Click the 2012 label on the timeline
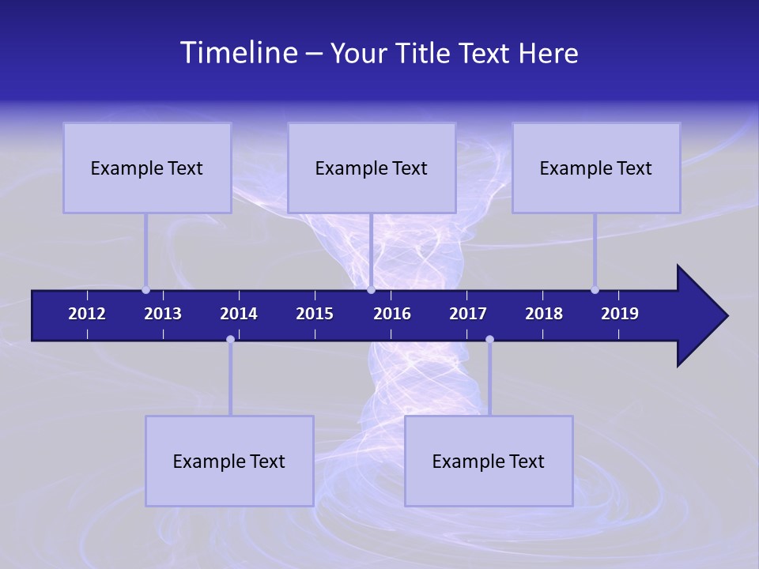click(87, 314)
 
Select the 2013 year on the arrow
click(163, 314)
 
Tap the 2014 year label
click(239, 314)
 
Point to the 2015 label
click(315, 314)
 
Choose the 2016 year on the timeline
click(392, 314)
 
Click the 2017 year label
click(468, 314)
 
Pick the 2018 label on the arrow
click(544, 314)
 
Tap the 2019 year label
click(620, 314)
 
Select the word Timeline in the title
click(238, 52)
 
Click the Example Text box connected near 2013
click(147, 168)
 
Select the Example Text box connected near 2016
click(372, 168)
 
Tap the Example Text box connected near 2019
click(596, 168)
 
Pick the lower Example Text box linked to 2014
click(229, 461)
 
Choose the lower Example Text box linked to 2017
click(489, 461)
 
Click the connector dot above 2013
click(145, 290)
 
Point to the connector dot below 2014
click(230, 339)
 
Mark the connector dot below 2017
click(489, 339)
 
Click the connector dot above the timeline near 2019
click(595, 290)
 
